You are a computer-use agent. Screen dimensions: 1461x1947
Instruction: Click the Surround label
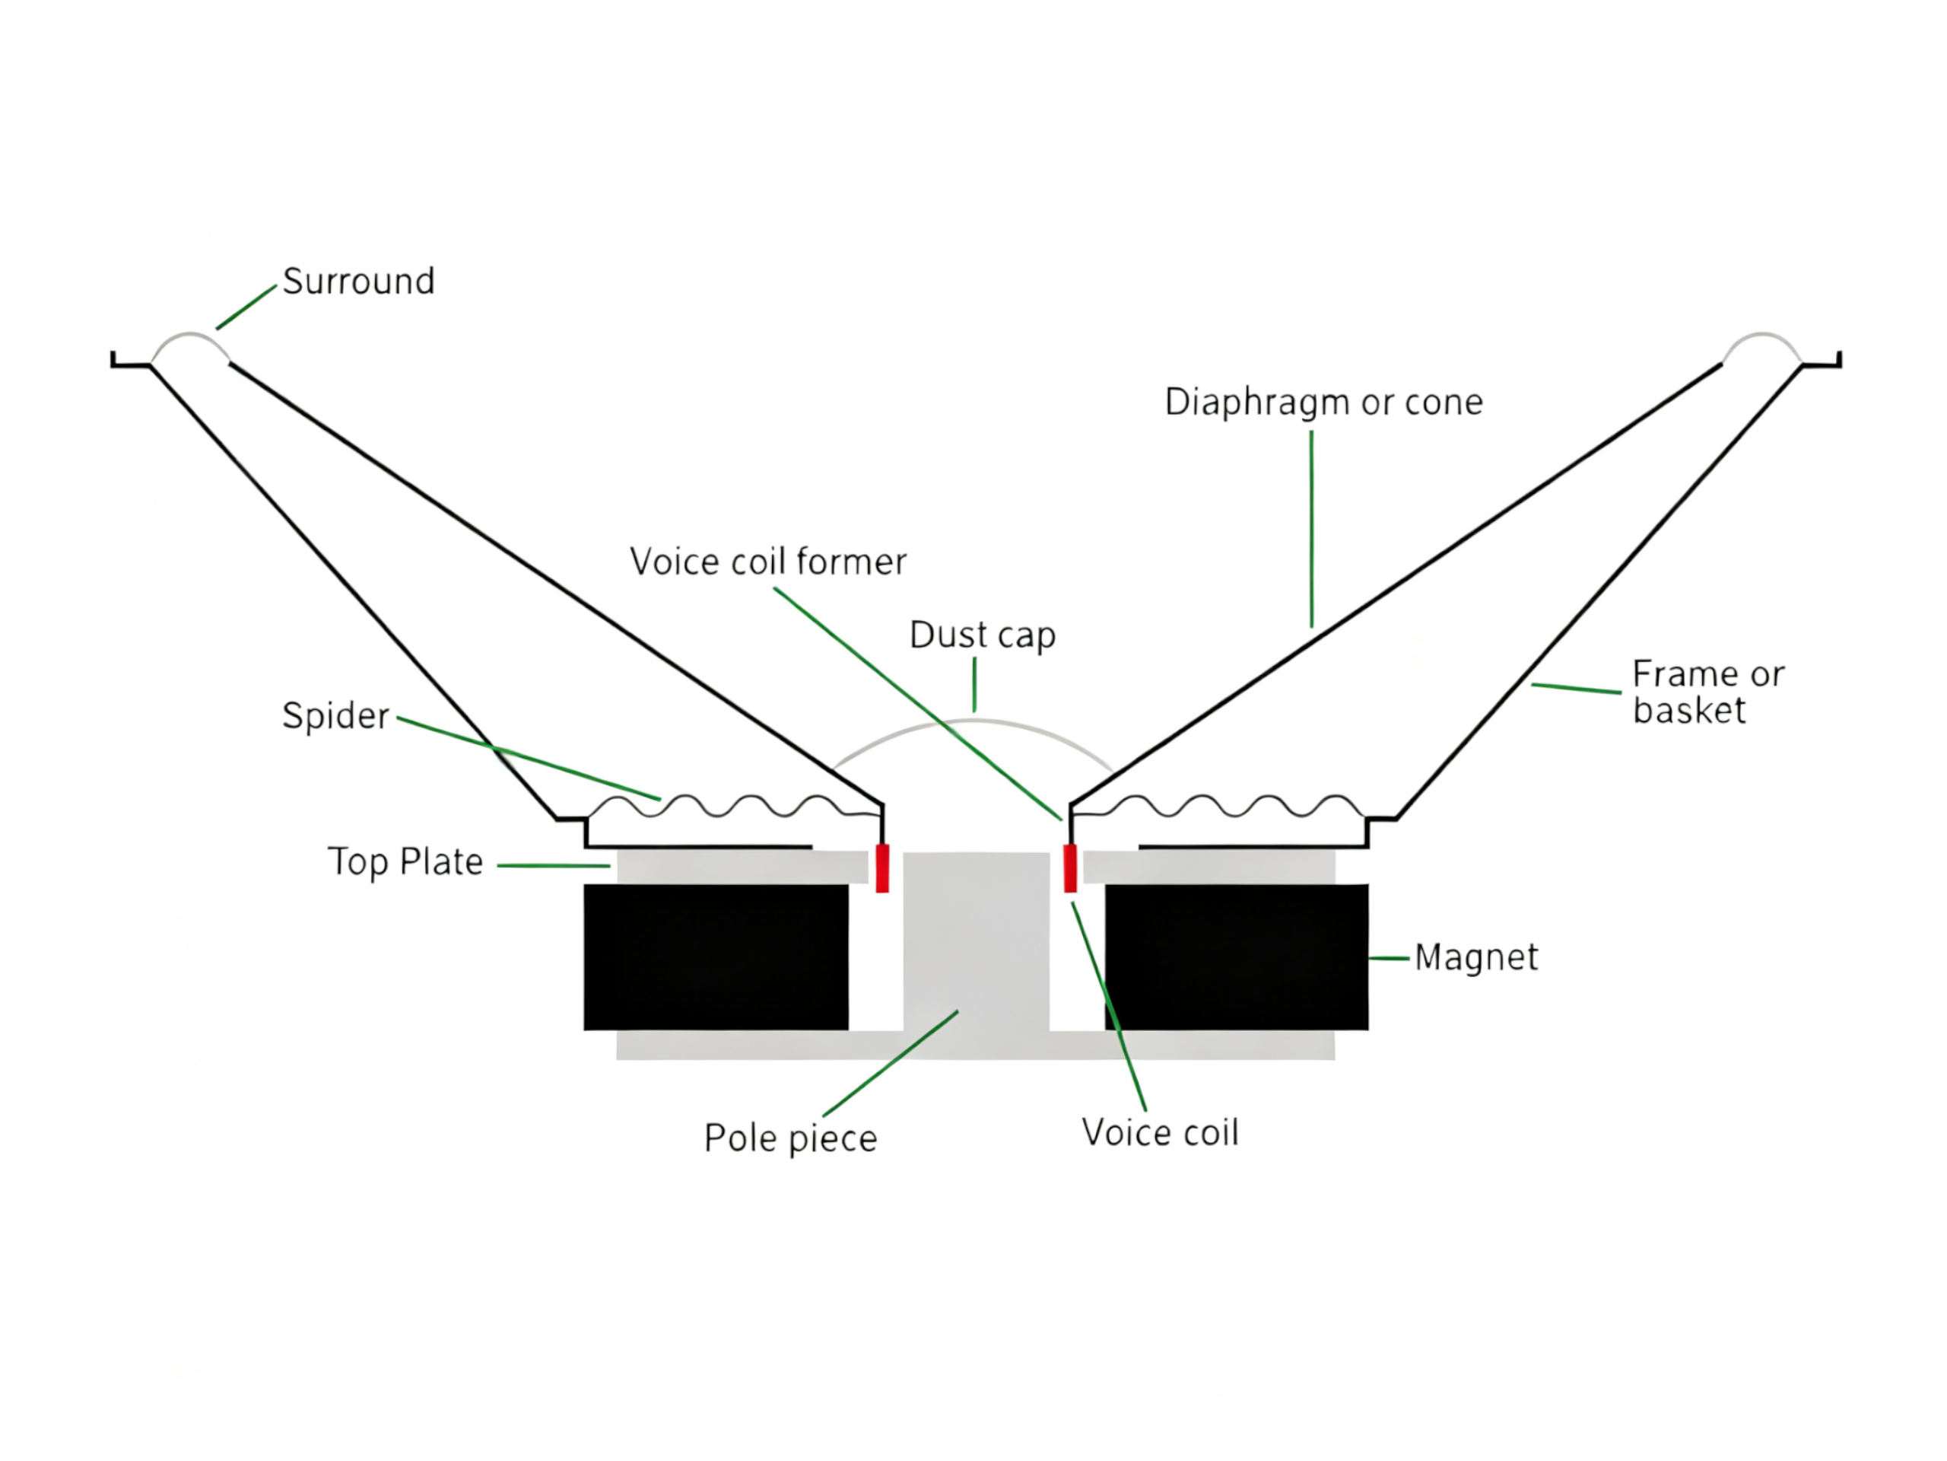[358, 282]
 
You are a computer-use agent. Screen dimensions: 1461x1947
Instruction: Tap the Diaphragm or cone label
[1323, 403]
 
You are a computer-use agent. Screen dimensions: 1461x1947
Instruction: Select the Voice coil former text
[767, 562]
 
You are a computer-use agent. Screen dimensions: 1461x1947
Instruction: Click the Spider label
[335, 716]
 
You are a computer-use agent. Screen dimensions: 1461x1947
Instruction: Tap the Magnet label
[1476, 957]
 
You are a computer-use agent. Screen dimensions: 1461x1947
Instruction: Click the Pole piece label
[790, 1138]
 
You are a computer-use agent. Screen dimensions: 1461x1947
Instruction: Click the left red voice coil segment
[882, 868]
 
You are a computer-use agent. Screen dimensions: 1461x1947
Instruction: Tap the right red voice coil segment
[1070, 868]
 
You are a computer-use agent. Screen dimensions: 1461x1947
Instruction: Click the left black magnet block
[716, 957]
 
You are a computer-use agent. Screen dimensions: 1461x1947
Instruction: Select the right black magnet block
[1237, 957]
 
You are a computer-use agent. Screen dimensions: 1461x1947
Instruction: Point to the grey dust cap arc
[973, 721]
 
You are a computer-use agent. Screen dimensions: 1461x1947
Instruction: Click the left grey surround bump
[190, 336]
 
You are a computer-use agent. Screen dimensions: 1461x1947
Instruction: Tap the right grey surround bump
[1761, 336]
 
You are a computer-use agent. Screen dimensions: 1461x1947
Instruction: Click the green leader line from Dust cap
[974, 684]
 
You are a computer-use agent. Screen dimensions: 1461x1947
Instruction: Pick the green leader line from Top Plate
[554, 866]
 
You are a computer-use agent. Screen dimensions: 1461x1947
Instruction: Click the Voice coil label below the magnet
[1160, 1132]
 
